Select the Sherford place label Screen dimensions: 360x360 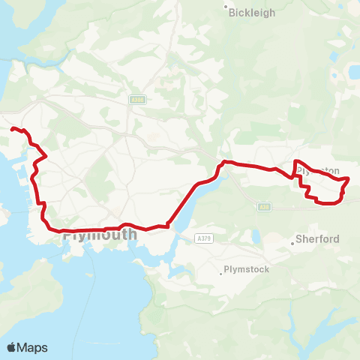tap(318, 239)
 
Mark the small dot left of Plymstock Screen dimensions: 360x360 tap(220, 273)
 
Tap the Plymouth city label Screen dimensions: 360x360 tap(100, 235)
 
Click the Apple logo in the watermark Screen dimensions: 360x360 tap(12, 347)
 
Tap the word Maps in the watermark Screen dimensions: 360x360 tap(33, 347)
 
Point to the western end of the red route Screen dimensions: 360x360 tap(11, 129)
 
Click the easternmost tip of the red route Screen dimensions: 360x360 tap(349, 178)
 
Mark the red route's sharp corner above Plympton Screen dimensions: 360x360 tap(296, 161)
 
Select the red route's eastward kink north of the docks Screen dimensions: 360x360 tap(46, 156)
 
